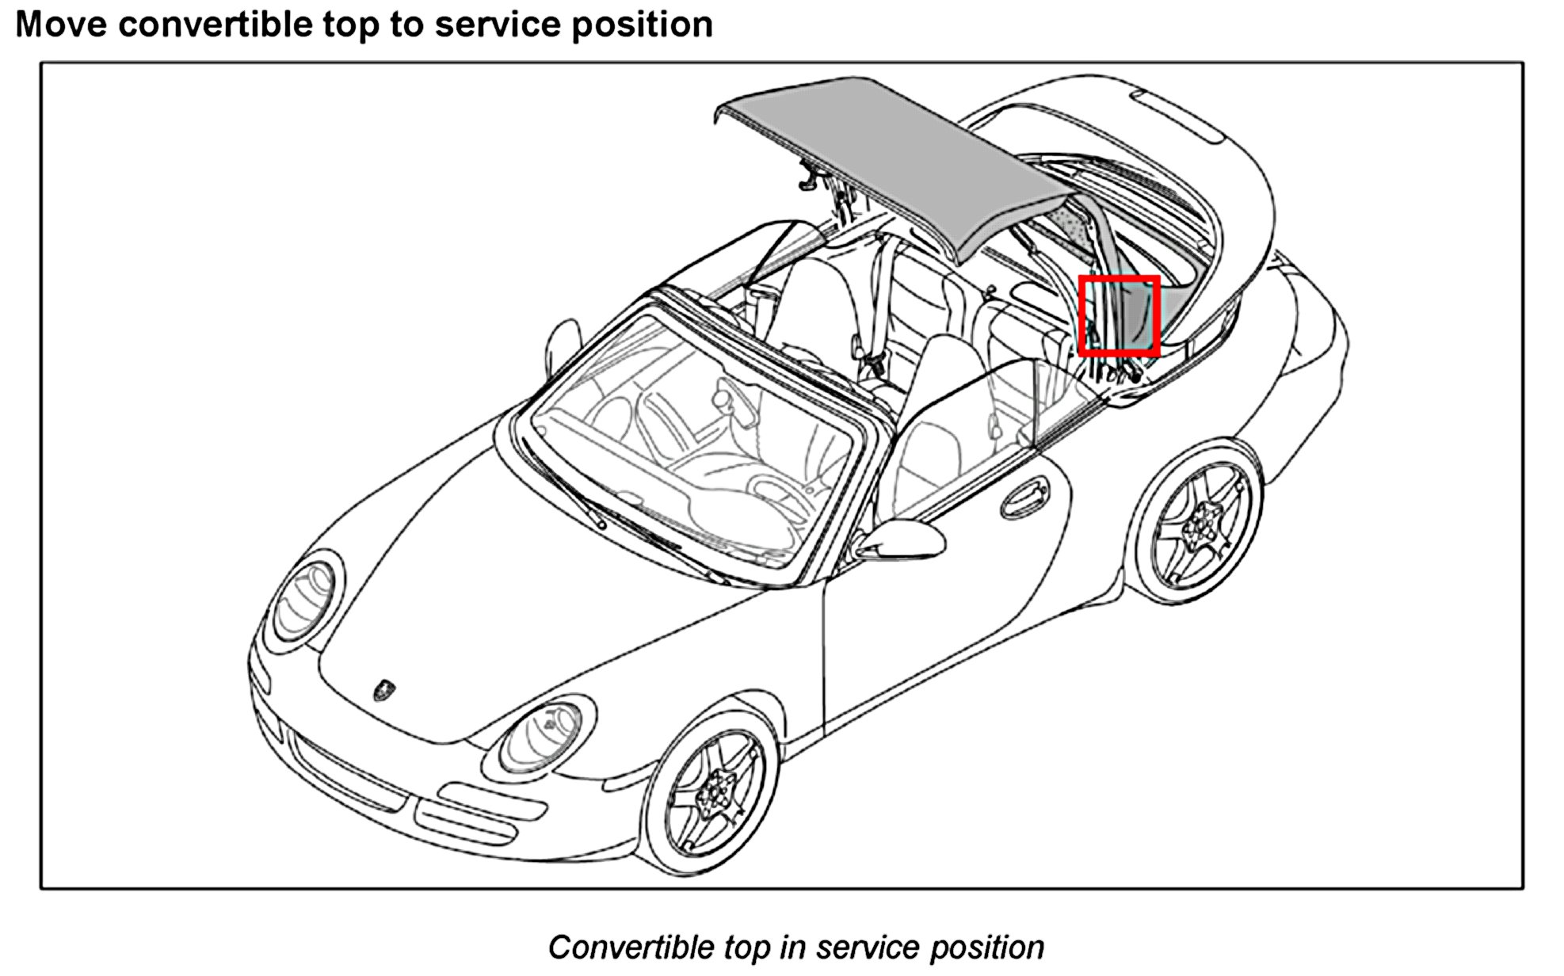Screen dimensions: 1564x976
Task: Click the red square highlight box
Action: tap(1120, 315)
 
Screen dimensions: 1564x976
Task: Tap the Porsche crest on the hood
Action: tap(385, 688)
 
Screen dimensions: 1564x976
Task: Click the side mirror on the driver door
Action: tap(903, 539)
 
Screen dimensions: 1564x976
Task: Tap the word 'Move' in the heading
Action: tap(61, 25)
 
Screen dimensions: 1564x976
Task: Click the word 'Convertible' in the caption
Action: tap(631, 947)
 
